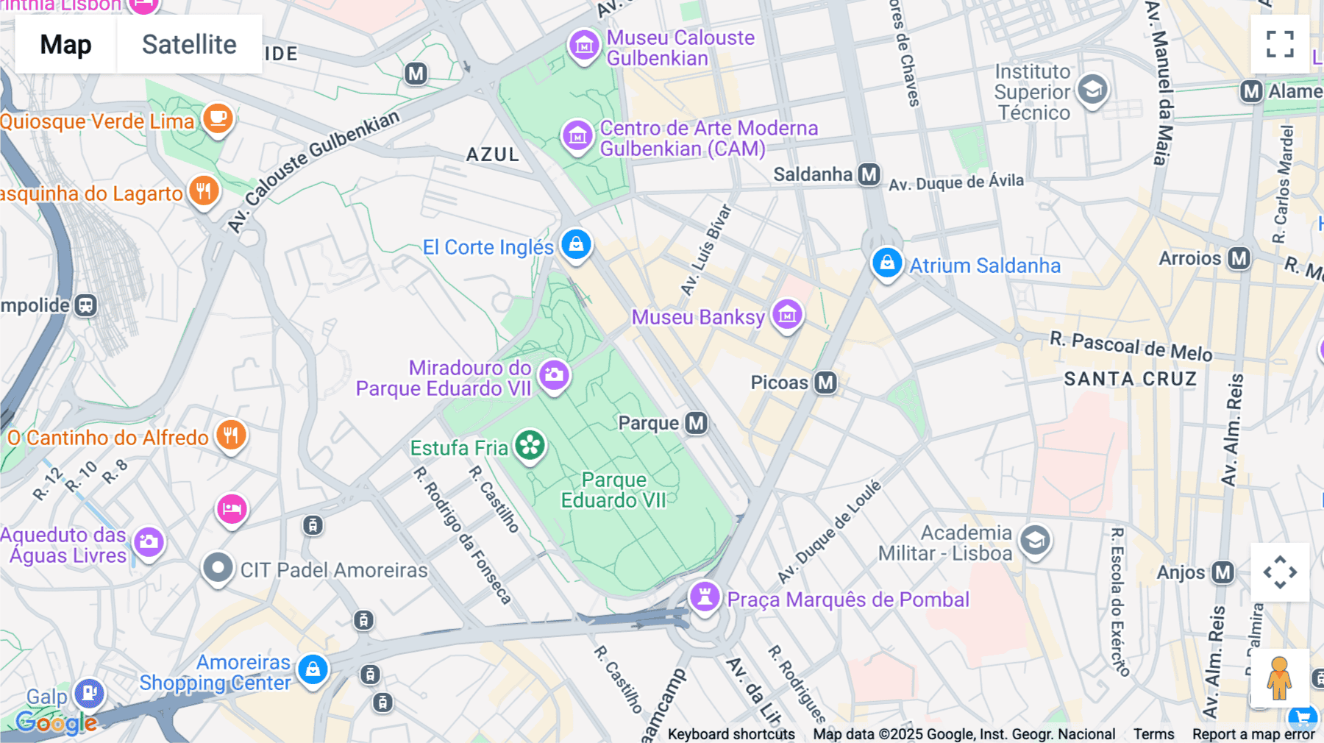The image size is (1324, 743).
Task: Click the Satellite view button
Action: pos(189,44)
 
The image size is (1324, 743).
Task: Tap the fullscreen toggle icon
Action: pos(1280,44)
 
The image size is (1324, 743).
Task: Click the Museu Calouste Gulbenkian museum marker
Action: pos(584,45)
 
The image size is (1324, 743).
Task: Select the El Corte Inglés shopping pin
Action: pos(576,244)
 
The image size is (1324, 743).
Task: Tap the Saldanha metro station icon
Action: pos(869,174)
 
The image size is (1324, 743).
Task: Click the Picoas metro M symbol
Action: pos(825,383)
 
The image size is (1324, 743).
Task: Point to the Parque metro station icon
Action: pos(696,423)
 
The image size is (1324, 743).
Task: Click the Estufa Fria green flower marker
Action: pos(530,446)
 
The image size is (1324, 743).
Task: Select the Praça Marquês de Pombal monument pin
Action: pos(705,597)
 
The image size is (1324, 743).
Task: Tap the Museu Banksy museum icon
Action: pos(787,316)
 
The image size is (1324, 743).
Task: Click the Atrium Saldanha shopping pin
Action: pos(887,263)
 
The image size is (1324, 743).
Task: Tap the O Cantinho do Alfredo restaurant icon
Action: pos(231,436)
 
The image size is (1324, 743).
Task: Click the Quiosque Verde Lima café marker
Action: pos(218,118)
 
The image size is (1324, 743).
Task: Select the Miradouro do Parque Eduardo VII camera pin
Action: pos(555,375)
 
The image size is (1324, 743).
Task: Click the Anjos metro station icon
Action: pos(1222,572)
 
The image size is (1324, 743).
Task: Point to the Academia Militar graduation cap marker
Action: pos(1035,541)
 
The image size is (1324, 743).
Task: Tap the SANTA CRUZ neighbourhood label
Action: pos(1130,379)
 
